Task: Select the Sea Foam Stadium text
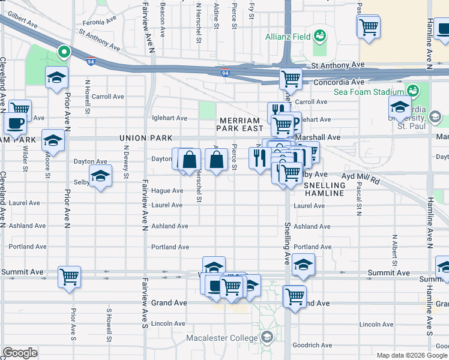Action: (x=369, y=92)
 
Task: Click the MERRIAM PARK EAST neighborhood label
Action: (x=240, y=124)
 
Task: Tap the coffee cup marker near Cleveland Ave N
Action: (x=15, y=123)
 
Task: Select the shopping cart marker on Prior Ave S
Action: (x=69, y=277)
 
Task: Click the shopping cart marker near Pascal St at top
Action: (x=368, y=26)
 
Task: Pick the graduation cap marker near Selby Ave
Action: (x=100, y=176)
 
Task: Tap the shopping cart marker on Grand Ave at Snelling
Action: (x=294, y=296)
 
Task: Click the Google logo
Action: (x=20, y=353)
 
